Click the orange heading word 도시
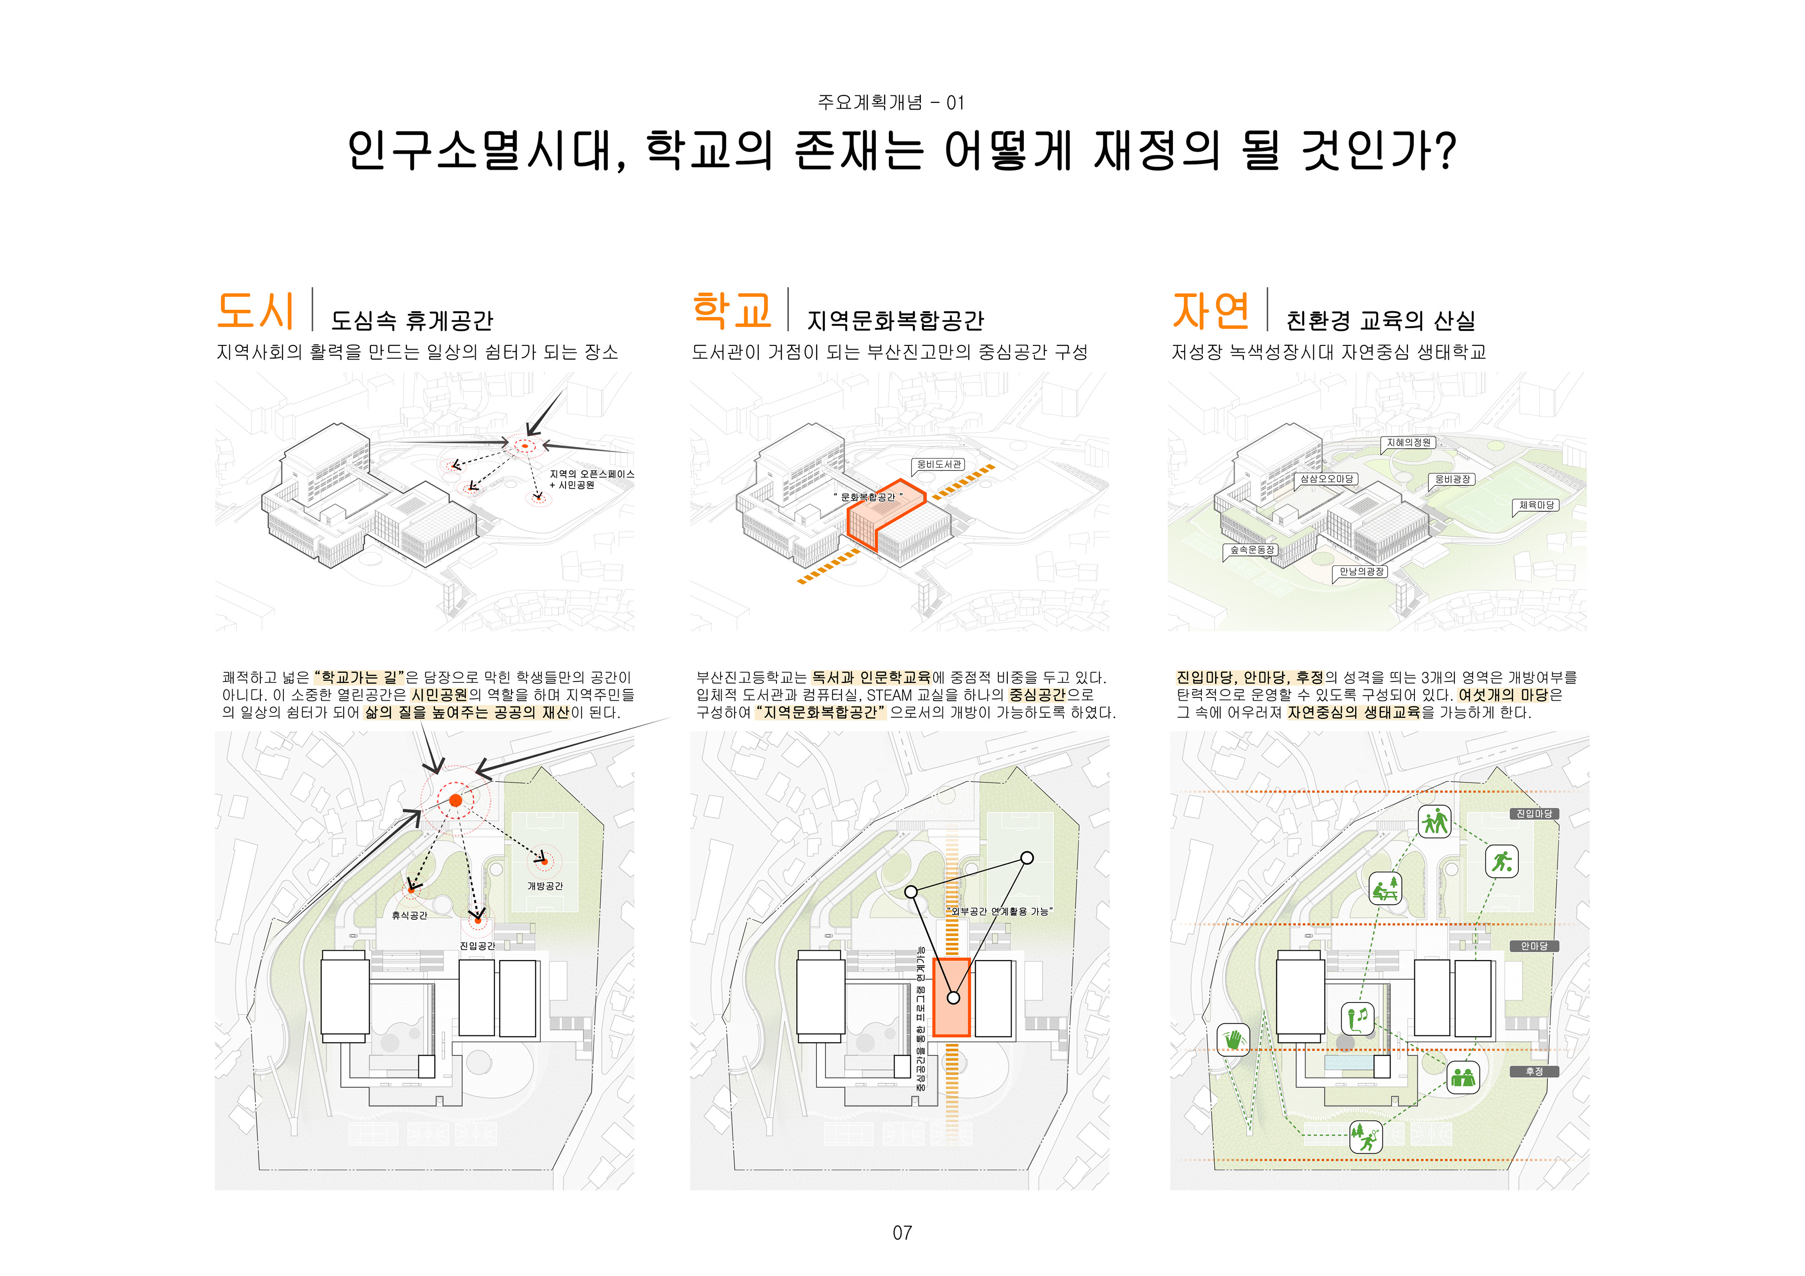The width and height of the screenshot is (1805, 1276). tap(256, 311)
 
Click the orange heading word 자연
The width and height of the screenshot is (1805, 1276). tap(1211, 311)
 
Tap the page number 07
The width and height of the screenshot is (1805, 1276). tap(902, 1233)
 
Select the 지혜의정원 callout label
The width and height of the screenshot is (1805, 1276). tap(1409, 443)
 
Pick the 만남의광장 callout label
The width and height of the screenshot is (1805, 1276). tap(1362, 571)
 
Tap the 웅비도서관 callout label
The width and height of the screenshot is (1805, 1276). tap(940, 465)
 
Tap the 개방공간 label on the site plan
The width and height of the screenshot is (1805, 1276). tap(545, 886)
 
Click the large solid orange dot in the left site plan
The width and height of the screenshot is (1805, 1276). tap(455, 800)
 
